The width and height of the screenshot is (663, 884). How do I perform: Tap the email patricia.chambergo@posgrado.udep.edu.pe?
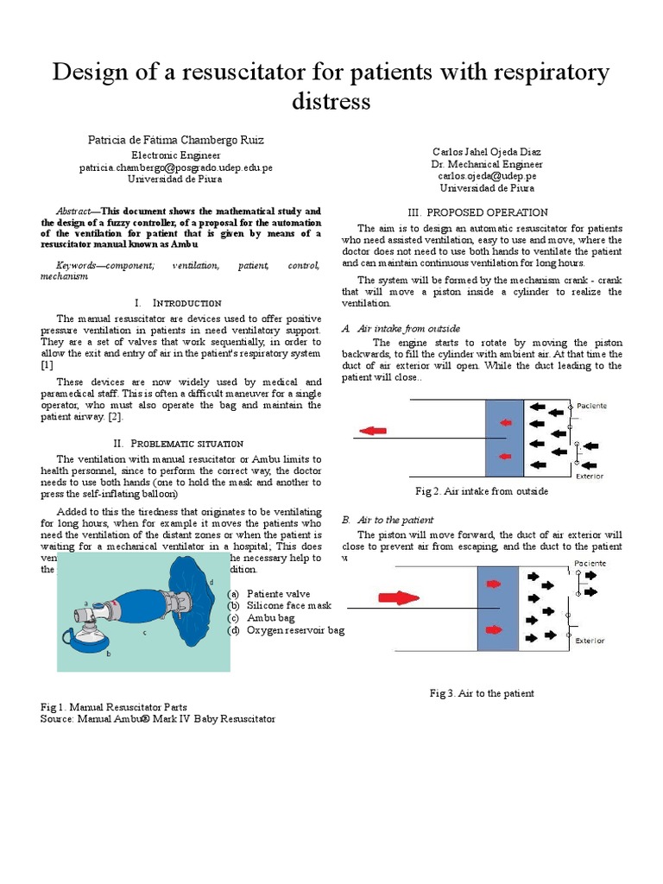coord(175,167)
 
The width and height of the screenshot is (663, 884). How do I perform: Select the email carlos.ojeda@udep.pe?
coord(487,175)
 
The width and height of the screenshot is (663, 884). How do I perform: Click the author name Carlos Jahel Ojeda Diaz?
coord(487,151)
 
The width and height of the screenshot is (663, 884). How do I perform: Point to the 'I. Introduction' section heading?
coord(179,303)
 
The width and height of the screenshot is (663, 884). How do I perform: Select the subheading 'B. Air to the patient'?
coord(388,520)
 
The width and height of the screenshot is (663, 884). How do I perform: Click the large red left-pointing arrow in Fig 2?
coord(373,431)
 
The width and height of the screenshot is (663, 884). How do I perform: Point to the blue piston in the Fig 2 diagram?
coord(504,438)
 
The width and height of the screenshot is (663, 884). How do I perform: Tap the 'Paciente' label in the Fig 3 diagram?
coord(590,563)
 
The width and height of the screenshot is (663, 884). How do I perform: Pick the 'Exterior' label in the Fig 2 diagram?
coord(590,476)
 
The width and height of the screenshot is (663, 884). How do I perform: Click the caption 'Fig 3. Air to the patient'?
coord(482,693)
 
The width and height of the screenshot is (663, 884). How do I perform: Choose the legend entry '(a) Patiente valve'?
coord(275,594)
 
